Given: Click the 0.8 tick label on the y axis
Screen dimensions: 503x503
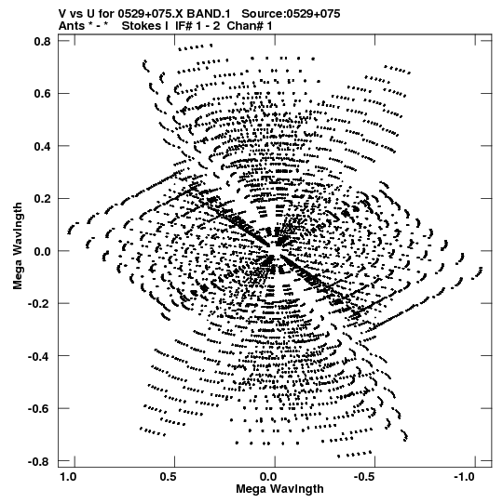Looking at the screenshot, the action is coord(42,41).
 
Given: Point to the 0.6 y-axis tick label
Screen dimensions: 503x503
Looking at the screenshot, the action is coord(42,93).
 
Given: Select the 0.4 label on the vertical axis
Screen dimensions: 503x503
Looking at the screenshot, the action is coord(42,146).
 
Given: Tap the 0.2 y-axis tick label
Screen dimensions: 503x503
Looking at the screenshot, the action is coord(42,199).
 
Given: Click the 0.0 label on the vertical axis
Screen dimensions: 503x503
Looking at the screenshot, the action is coord(42,251).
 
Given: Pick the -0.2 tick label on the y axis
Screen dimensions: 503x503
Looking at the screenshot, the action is coord(39,303).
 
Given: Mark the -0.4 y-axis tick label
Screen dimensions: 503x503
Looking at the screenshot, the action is coord(39,356).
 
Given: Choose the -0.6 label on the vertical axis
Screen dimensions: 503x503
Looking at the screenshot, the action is coord(39,409).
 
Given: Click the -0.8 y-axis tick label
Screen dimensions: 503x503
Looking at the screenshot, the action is coord(39,461).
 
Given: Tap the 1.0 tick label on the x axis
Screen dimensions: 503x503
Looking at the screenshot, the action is coord(68,477).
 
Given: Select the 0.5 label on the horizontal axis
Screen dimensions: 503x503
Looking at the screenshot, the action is coord(168,477).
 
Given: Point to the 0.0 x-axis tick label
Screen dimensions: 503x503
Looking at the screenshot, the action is coord(268,477).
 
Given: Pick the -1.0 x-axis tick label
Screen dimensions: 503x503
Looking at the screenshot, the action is coord(466,477).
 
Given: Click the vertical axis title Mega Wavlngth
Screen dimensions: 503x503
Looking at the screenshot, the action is coord(18,246).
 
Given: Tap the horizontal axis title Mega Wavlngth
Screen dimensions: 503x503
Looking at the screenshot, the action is coord(280,489).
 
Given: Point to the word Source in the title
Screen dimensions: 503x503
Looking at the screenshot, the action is coord(262,14).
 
